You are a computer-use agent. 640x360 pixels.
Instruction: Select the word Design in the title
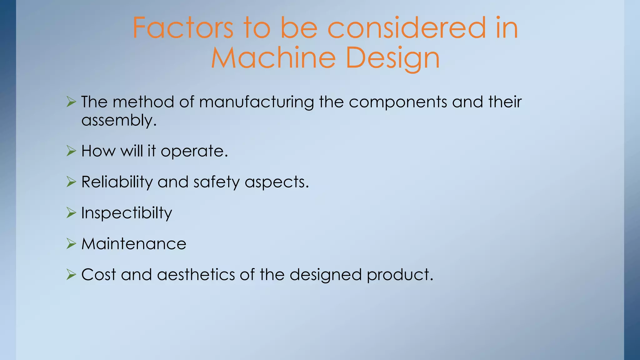click(393, 59)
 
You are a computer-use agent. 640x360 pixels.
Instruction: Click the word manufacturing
click(256, 102)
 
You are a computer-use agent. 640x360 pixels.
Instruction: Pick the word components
click(398, 102)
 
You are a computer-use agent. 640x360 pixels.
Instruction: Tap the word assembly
click(118, 121)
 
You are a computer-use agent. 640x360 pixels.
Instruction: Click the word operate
click(194, 151)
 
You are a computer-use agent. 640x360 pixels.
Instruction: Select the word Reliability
click(117, 182)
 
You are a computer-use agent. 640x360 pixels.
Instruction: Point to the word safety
click(216, 182)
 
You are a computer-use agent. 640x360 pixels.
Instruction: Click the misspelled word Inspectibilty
click(127, 213)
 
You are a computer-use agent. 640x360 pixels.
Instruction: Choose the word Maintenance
click(134, 244)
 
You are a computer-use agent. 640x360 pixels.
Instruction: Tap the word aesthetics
click(196, 275)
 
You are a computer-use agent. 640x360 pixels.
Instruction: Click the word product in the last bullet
click(400, 275)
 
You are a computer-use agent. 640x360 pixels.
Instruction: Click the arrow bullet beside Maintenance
click(71, 244)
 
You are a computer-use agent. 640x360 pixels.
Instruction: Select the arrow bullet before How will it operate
click(71, 151)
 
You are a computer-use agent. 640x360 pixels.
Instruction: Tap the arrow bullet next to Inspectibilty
click(71, 213)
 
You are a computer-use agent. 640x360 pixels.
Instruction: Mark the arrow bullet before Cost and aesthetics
click(71, 275)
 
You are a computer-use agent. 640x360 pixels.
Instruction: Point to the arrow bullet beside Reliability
click(71, 182)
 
